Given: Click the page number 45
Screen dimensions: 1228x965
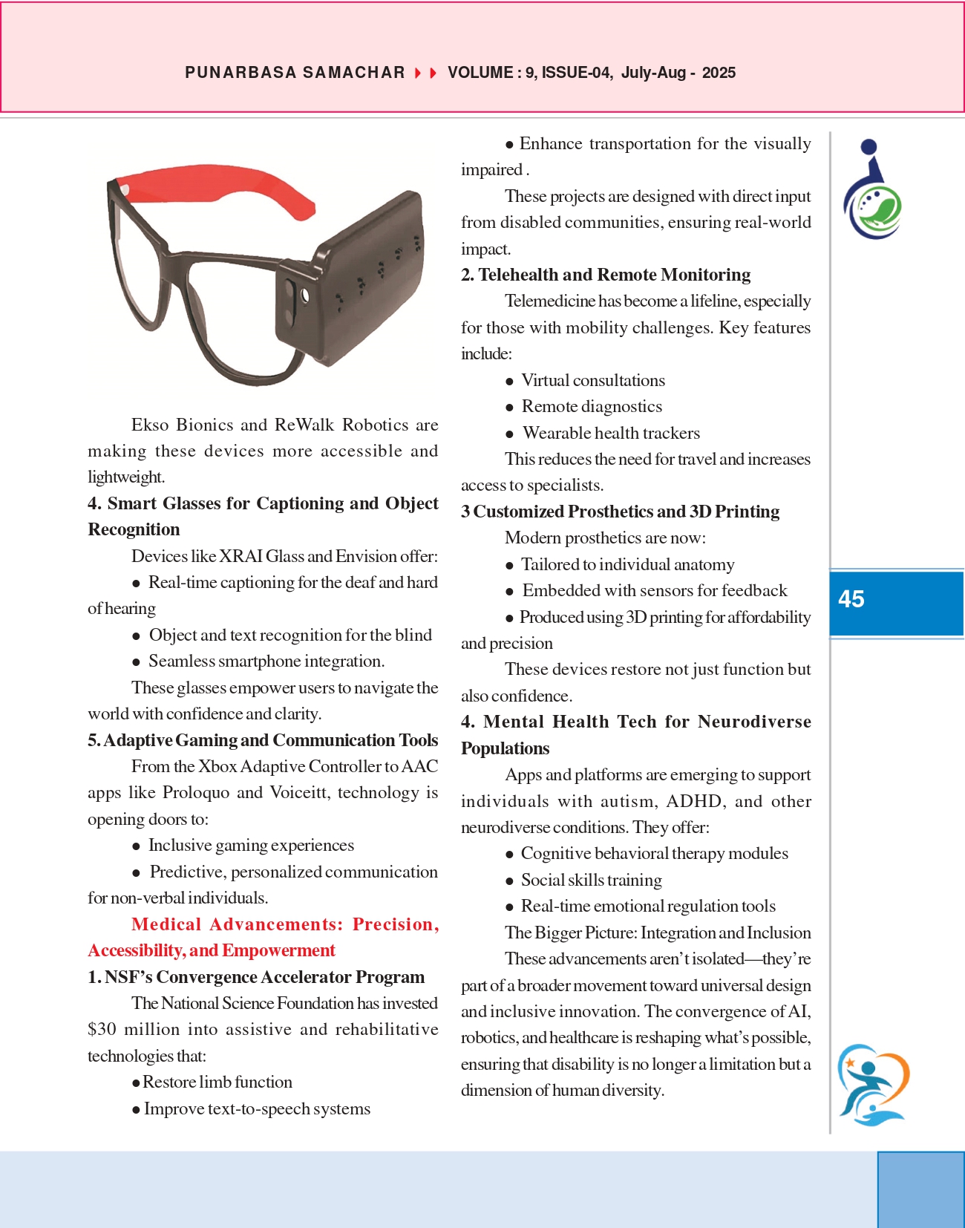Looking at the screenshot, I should point(851,599).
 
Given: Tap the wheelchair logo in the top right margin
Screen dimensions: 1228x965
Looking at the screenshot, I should point(871,191).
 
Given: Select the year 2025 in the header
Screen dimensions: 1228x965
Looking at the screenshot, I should point(719,73).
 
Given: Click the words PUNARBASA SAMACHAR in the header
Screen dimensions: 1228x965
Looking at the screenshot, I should point(295,73).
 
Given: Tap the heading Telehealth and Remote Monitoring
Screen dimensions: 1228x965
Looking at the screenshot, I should point(614,275).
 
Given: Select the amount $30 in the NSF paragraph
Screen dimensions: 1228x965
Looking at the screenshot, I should point(102,1029).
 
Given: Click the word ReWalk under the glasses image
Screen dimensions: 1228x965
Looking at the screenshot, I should point(304,425).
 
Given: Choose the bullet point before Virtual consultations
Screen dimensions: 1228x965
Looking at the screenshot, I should point(509,382).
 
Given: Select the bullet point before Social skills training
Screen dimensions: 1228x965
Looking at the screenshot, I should point(509,881).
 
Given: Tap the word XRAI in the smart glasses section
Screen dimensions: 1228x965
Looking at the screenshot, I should point(241,556).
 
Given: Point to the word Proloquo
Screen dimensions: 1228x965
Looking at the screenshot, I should point(196,792).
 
